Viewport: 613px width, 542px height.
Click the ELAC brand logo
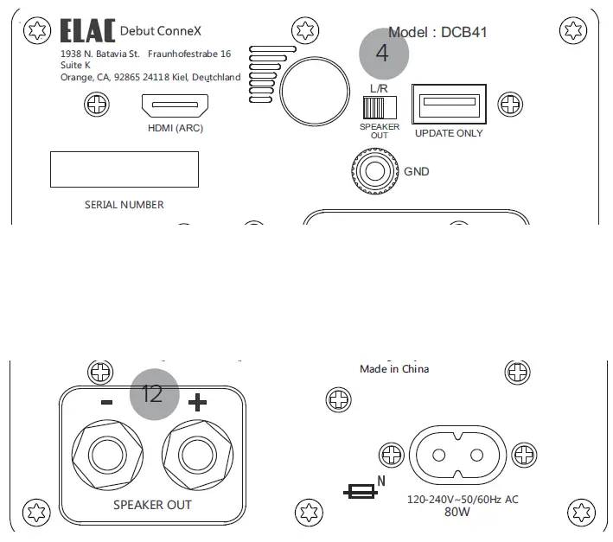[86, 32]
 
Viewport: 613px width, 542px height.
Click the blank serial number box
[124, 169]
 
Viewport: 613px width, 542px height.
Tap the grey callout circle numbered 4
[383, 52]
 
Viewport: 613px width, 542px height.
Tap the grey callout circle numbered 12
[153, 394]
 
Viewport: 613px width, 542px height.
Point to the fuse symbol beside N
[359, 491]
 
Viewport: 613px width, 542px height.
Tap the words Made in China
[394, 369]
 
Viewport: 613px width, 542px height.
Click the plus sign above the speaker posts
[198, 402]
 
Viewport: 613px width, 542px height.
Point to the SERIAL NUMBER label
[124, 205]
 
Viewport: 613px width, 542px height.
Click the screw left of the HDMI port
[95, 107]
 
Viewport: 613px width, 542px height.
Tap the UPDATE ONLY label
[449, 133]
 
